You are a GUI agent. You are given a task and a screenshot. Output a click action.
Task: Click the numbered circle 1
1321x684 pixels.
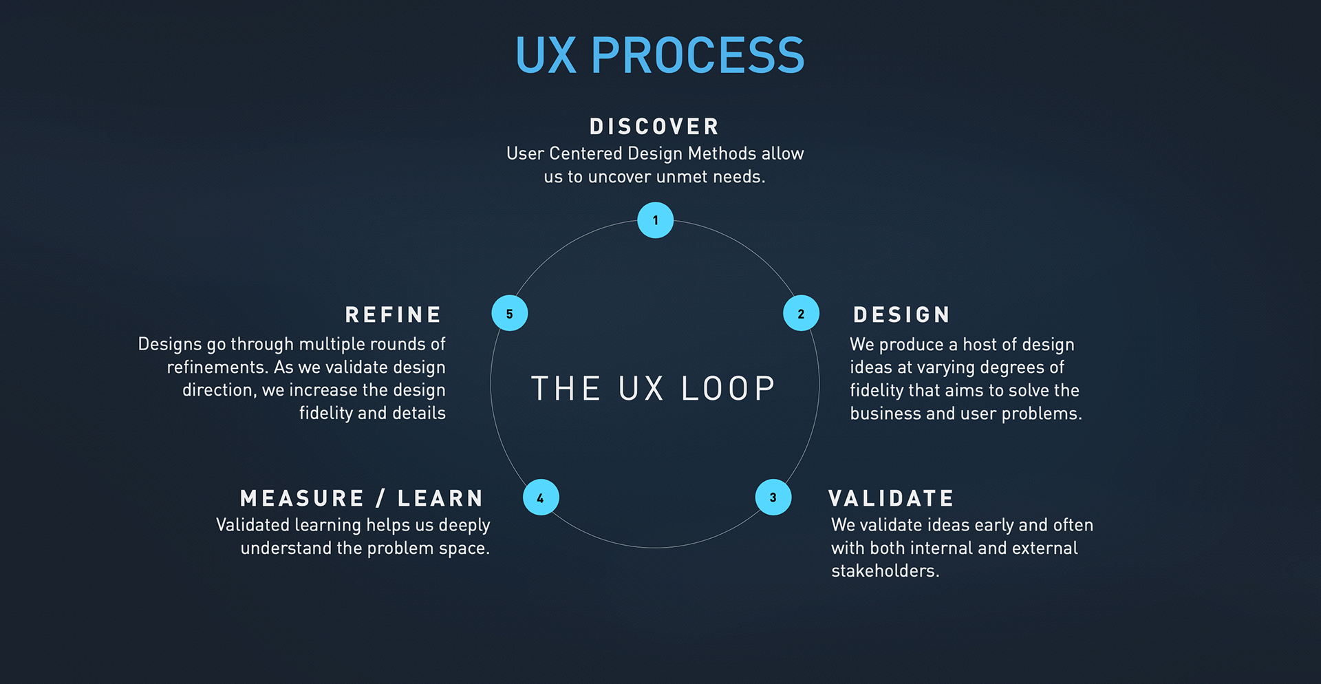tap(655, 220)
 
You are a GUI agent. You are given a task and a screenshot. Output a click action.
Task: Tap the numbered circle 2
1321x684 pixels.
tap(801, 313)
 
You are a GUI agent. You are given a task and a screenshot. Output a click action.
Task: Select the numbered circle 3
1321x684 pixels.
tap(773, 497)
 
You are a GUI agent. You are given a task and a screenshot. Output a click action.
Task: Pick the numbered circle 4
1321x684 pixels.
tap(541, 497)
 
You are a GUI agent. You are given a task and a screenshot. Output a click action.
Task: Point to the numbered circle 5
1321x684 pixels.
tap(509, 313)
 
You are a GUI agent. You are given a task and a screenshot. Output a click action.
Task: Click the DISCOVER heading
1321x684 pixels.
tap(654, 127)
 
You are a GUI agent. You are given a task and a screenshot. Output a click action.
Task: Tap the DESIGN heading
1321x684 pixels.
tap(901, 315)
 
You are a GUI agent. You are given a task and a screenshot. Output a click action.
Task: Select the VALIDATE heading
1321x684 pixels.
tap(891, 498)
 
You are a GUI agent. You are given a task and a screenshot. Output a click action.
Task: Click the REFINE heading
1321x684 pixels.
tap(394, 315)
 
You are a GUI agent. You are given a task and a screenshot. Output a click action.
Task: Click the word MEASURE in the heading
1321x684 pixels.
tap(302, 498)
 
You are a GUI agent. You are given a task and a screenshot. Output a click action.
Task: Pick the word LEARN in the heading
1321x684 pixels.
tap(440, 498)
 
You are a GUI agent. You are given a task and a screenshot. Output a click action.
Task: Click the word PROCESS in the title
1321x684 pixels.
tap(698, 56)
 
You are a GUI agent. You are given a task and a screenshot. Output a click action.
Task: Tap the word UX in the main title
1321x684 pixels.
tap(546, 56)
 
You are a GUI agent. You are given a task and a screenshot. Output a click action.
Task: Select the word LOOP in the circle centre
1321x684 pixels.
tap(728, 389)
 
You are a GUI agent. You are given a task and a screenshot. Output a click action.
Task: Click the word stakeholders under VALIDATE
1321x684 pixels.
tap(884, 571)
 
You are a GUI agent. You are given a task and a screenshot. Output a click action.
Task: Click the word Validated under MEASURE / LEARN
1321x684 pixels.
tap(253, 525)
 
